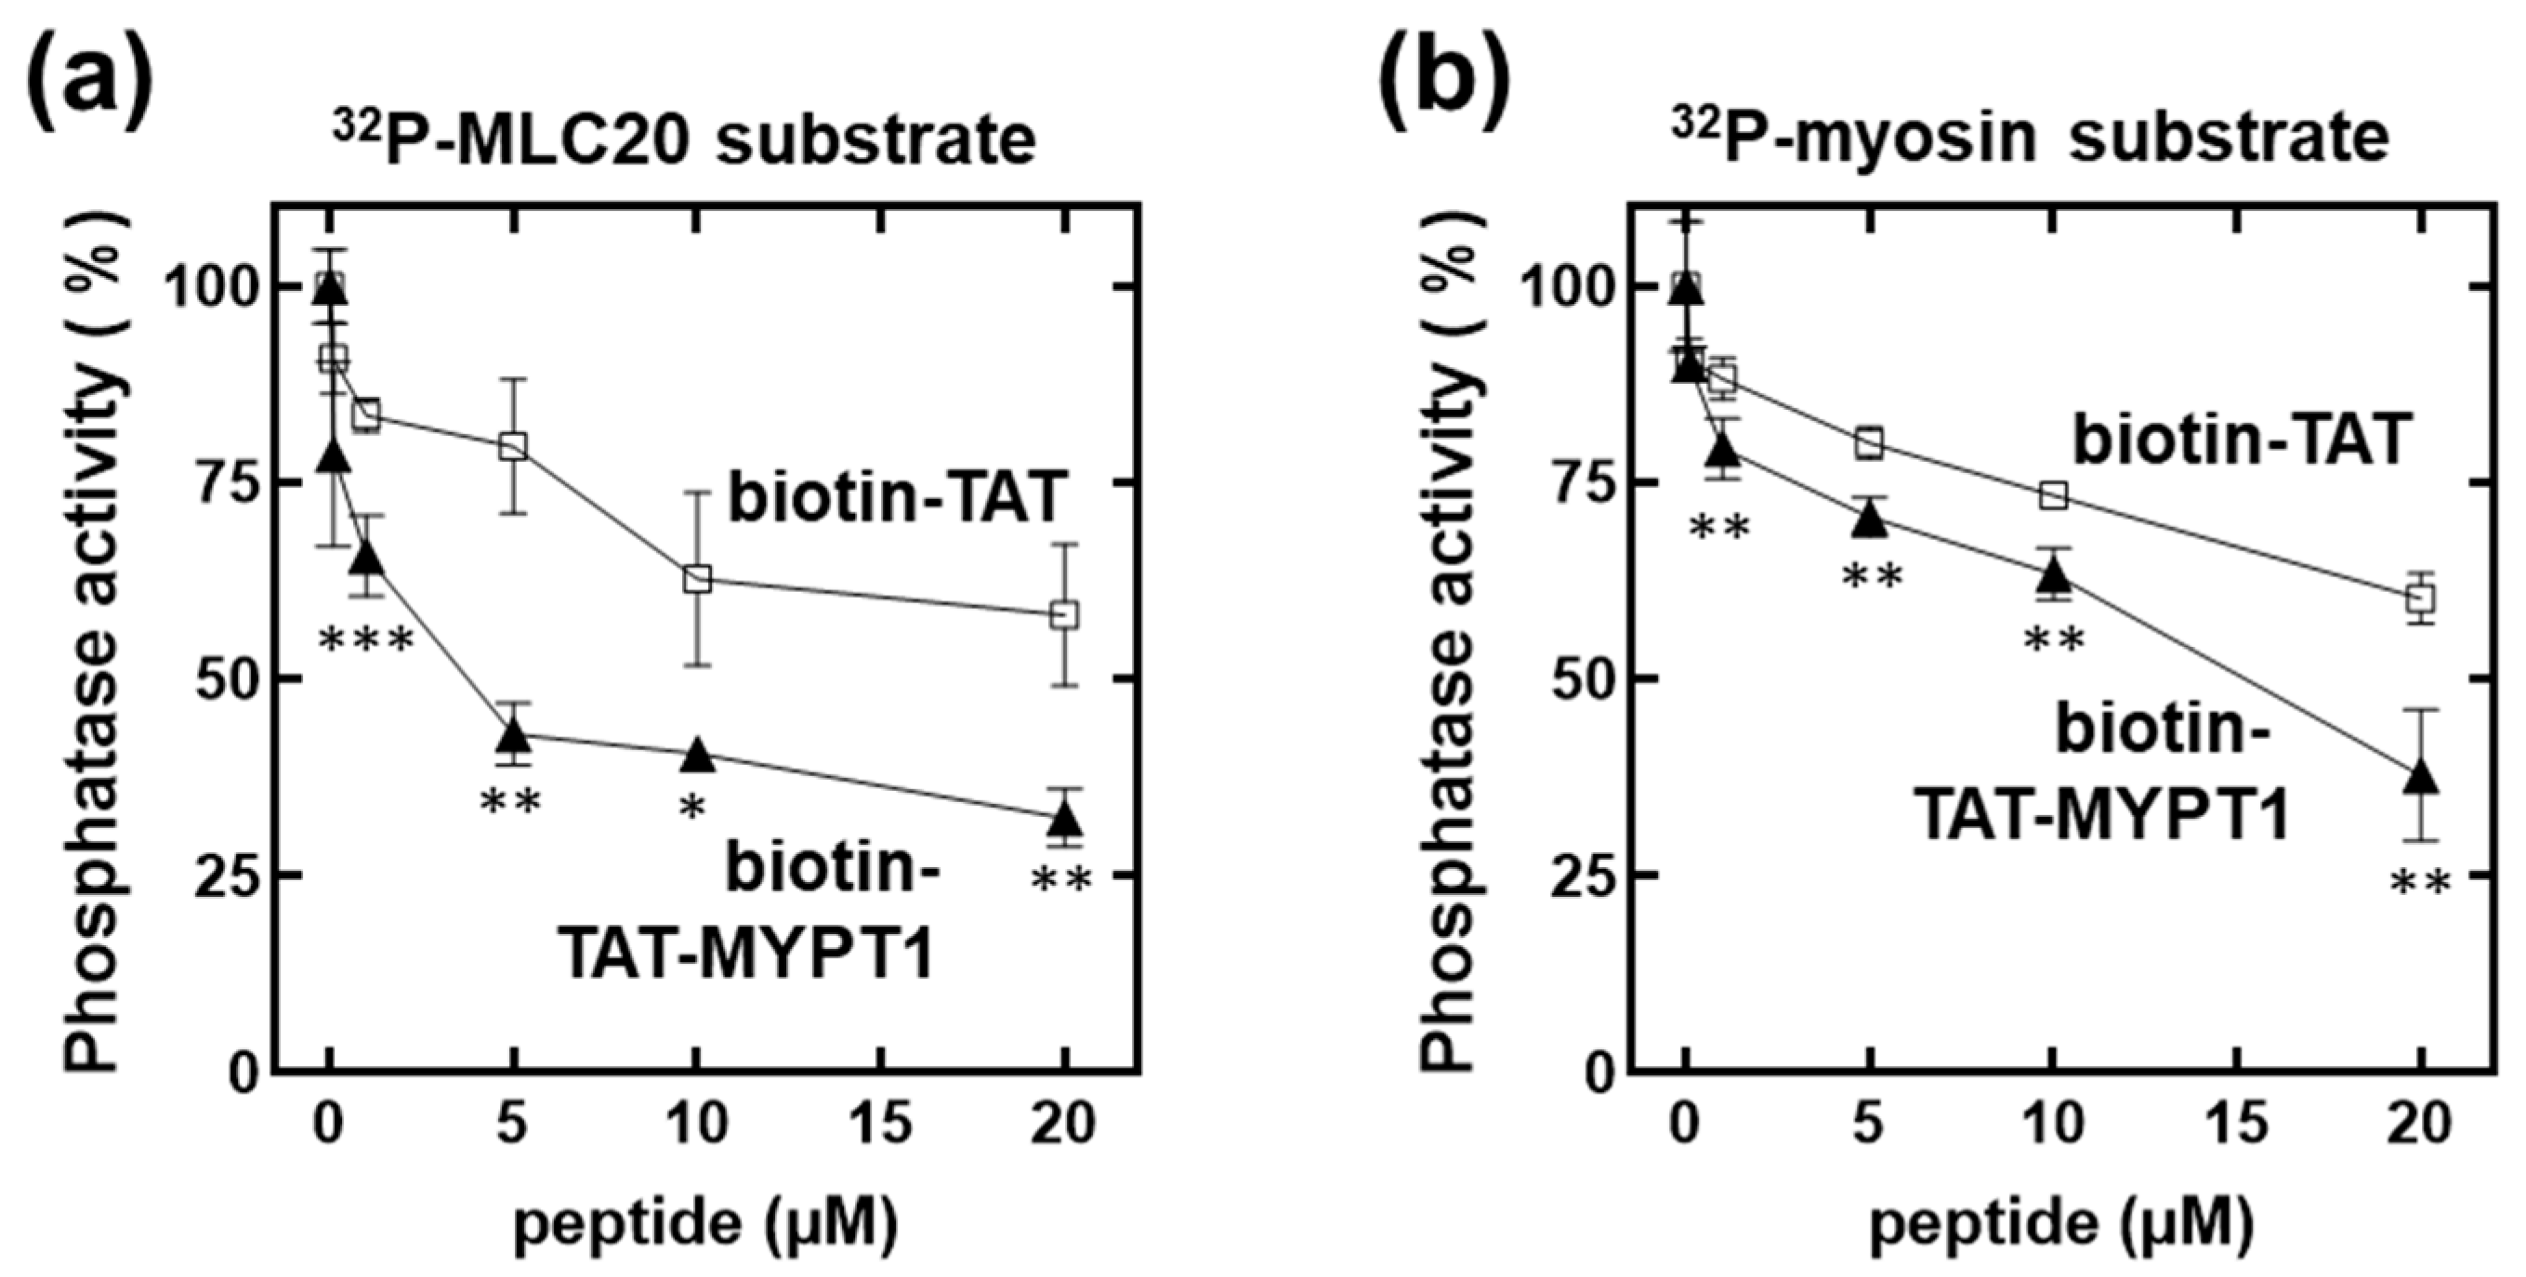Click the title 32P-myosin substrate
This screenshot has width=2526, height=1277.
pyautogui.click(x=2030, y=139)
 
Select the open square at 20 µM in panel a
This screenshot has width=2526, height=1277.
pyautogui.click(x=1064, y=615)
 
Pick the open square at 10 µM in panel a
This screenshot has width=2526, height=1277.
pyautogui.click(x=697, y=578)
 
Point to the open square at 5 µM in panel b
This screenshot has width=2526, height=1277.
pyautogui.click(x=1870, y=443)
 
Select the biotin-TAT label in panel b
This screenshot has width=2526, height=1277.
pyautogui.click(x=2241, y=439)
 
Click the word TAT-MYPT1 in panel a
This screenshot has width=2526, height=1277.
pyautogui.click(x=745, y=951)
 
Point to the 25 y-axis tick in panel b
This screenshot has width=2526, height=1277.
pyautogui.click(x=1577, y=874)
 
